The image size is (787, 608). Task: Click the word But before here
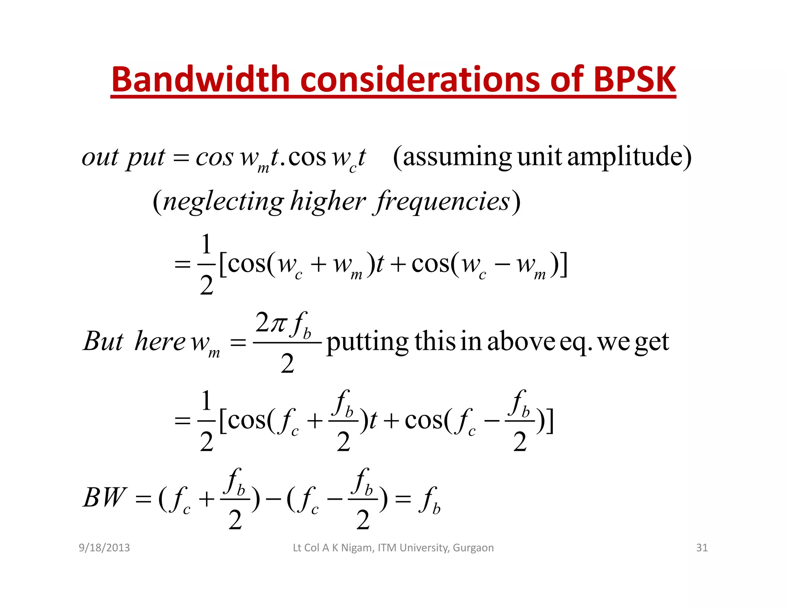pos(103,341)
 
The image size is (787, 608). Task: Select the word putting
pos(367,342)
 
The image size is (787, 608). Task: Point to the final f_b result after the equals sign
pos(430,500)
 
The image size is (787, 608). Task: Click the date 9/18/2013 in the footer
pos(104,548)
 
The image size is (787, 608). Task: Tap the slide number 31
pos(702,548)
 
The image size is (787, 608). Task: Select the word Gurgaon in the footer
pos(473,548)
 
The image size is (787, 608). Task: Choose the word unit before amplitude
pos(540,157)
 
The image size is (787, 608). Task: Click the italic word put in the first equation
pos(146,158)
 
